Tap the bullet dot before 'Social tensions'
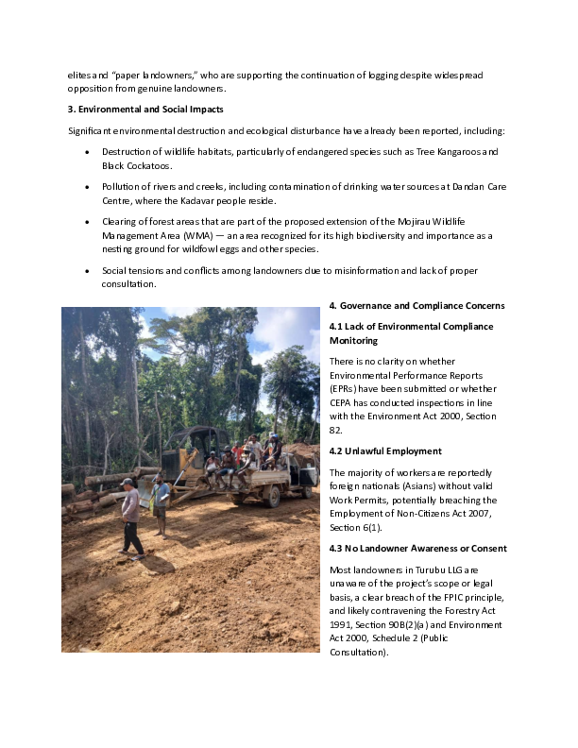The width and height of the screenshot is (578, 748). coord(87,270)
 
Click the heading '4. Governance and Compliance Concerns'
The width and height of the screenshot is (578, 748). coord(416,306)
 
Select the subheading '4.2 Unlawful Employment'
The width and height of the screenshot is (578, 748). coord(385,450)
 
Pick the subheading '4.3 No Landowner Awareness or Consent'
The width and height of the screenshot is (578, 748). coord(417,548)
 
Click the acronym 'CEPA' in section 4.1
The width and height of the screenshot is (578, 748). coord(344,402)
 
